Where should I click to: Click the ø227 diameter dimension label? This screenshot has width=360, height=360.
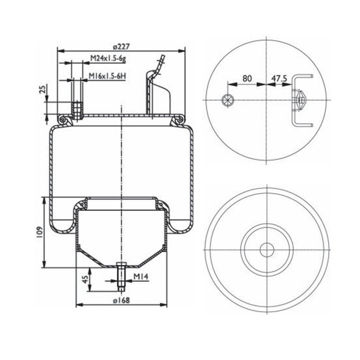click(x=121, y=46)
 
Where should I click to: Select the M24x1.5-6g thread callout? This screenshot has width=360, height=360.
click(x=108, y=59)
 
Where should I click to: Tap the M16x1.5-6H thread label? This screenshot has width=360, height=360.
click(x=107, y=76)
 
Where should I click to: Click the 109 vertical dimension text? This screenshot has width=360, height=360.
click(x=39, y=232)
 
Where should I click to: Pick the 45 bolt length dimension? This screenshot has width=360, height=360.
click(x=85, y=279)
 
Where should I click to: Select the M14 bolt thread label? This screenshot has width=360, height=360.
click(x=141, y=277)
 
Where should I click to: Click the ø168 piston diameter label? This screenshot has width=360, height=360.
click(x=121, y=300)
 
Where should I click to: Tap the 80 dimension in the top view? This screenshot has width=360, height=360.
click(x=247, y=79)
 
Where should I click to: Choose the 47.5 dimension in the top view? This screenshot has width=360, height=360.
click(x=279, y=79)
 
